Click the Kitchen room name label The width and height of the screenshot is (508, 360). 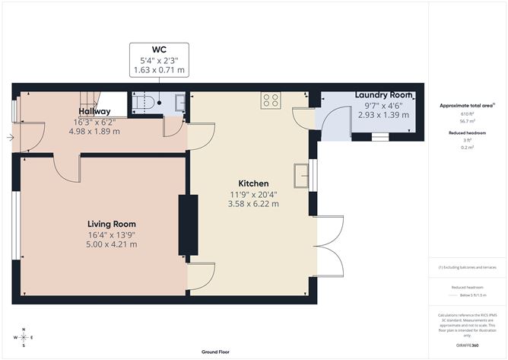253,184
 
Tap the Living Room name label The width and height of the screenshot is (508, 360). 112,224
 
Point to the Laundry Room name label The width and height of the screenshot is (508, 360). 384,95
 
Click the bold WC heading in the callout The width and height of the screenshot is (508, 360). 159,50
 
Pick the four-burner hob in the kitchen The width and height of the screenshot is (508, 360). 270,100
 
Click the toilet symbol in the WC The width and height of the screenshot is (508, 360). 145,101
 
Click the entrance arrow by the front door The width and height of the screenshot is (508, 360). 8,138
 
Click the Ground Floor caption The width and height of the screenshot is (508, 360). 216,352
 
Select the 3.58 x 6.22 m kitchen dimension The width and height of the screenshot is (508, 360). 253,204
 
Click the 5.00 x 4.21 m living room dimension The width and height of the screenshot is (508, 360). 112,244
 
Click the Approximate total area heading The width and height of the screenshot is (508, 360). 466,105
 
